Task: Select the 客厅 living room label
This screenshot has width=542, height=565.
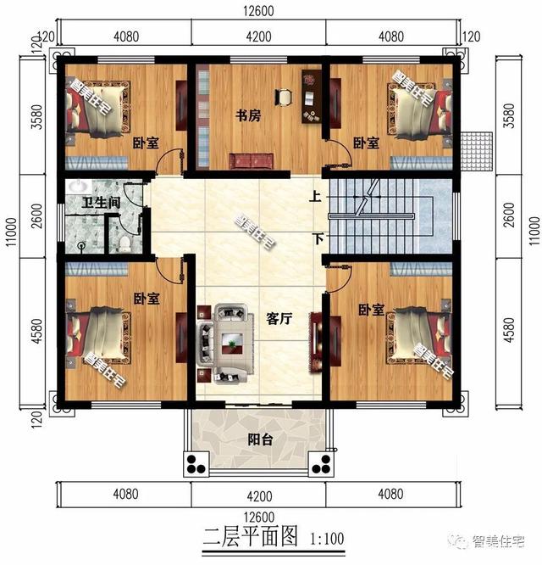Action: point(279,320)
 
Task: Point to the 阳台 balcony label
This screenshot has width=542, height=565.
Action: point(259,439)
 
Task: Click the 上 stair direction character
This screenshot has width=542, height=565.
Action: point(315,198)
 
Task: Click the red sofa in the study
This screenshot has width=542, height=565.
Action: point(252,159)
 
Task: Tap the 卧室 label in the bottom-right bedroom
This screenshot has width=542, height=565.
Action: point(372,310)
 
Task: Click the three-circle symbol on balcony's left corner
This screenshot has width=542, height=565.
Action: point(196,465)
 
